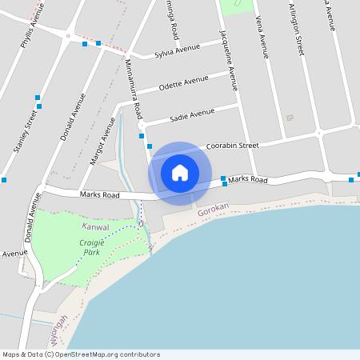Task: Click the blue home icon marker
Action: (180, 173)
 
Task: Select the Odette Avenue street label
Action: (183, 83)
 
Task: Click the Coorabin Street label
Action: (232, 146)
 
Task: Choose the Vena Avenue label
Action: (261, 37)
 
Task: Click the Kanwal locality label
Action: (95, 227)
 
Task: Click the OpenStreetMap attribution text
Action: (81, 354)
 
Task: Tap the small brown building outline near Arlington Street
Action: (290, 118)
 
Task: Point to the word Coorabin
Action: (222, 146)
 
